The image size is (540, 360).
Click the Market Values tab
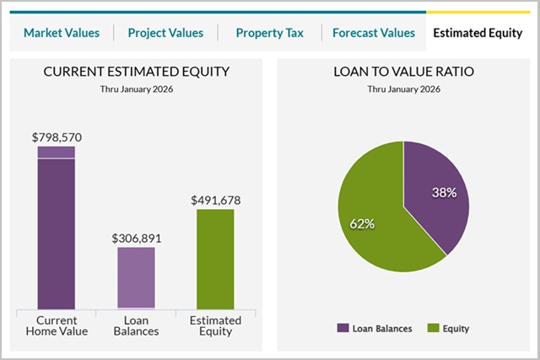click(x=62, y=33)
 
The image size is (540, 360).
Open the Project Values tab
click(x=165, y=33)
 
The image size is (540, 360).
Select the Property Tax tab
click(x=269, y=33)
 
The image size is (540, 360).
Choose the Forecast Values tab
click(x=374, y=33)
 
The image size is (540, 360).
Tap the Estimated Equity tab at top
click(x=477, y=33)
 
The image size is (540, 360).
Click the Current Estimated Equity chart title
click(x=137, y=73)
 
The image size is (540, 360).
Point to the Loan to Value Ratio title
click(x=403, y=73)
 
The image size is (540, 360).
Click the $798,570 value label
click(x=57, y=137)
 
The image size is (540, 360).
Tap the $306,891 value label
click(x=136, y=238)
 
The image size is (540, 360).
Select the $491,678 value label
click(x=215, y=200)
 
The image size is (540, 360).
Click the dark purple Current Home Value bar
click(x=57, y=236)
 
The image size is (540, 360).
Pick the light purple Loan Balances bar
click(x=136, y=278)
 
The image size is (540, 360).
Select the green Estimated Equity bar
click(x=215, y=259)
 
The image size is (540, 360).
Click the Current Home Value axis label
click(x=57, y=325)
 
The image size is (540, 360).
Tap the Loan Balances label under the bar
click(x=136, y=325)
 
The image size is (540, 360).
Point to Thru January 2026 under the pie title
click(x=403, y=89)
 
